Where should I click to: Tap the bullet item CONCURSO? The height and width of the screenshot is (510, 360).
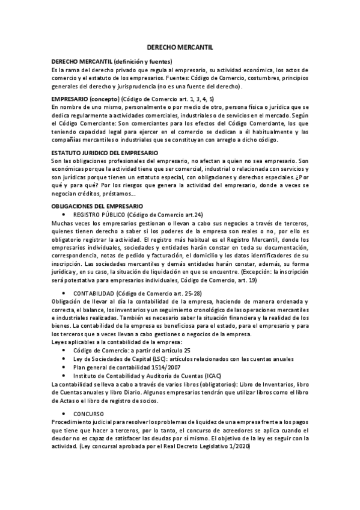click(x=88, y=414)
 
